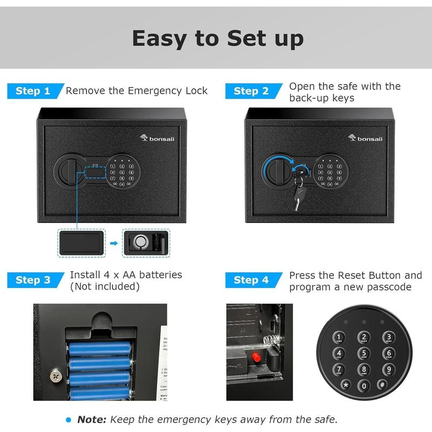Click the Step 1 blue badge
(x=33, y=91)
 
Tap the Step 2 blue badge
(x=252, y=91)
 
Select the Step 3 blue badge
(x=33, y=280)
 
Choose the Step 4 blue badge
(x=252, y=280)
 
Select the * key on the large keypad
(x=346, y=384)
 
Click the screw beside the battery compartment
(x=55, y=374)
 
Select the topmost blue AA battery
(x=99, y=345)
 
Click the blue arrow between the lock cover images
(x=114, y=244)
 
